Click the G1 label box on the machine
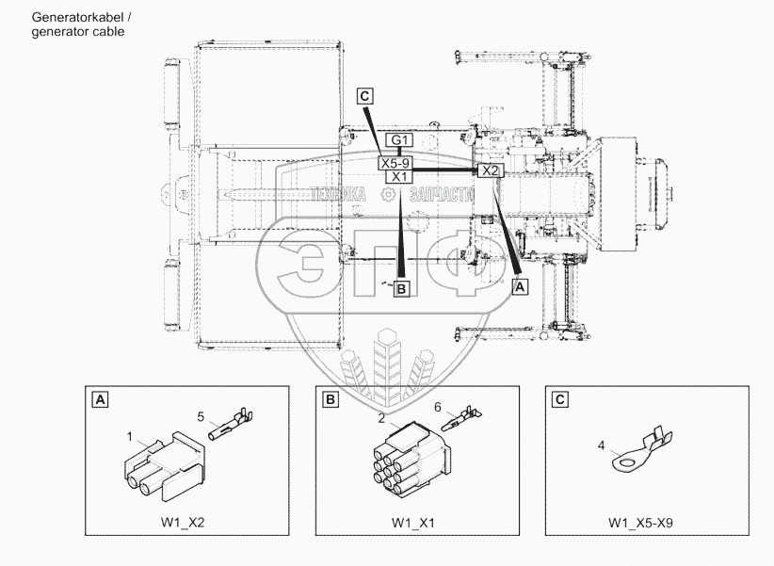399,140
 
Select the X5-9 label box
395,163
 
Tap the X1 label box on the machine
399,176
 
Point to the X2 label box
491,170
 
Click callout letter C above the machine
365,94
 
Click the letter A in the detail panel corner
99,400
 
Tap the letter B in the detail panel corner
331,400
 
